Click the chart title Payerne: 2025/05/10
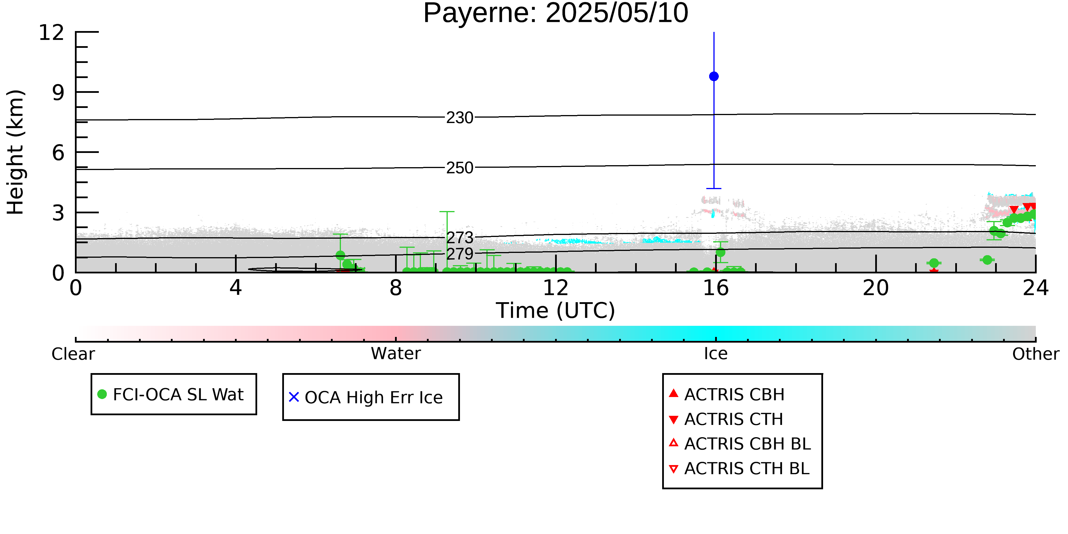tap(556, 13)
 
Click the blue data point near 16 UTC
tap(714, 76)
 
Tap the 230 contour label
tap(460, 118)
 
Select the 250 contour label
tap(460, 168)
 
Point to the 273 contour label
tap(460, 238)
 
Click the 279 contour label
tap(460, 253)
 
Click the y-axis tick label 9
tap(58, 93)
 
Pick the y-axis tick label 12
tap(52, 32)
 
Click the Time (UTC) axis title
tap(556, 310)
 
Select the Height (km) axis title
tap(15, 152)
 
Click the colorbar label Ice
tap(716, 354)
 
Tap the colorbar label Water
tap(396, 354)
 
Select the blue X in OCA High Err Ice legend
tap(294, 397)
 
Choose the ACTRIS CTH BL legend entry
tap(739, 468)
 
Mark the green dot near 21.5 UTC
tap(934, 263)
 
